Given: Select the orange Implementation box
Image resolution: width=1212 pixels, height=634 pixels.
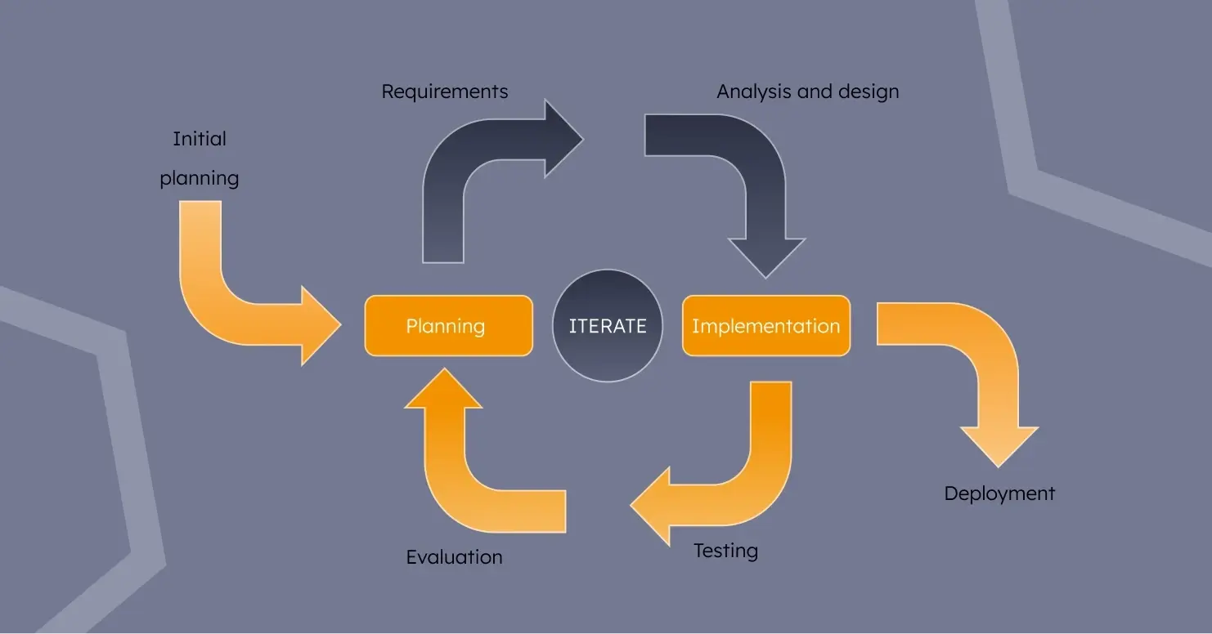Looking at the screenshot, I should [766, 326].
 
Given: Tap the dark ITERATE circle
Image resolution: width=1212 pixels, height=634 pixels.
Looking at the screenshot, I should [608, 326].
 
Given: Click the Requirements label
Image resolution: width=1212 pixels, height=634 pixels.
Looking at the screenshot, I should [445, 92].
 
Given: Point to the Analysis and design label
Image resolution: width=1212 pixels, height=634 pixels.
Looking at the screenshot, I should [807, 92].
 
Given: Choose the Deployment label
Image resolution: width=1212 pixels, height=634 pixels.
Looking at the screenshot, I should [999, 493].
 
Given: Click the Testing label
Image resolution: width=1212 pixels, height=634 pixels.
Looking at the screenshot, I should [725, 551].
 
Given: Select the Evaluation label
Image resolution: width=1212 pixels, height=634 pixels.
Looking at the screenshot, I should [454, 557].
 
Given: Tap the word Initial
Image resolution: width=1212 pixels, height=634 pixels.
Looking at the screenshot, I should [200, 139].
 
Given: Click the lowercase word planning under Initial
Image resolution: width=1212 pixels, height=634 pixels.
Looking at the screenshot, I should [200, 178].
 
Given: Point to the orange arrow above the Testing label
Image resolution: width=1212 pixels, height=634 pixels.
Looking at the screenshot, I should [736, 482].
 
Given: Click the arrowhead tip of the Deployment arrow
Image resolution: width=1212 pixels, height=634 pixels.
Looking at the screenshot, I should [999, 464].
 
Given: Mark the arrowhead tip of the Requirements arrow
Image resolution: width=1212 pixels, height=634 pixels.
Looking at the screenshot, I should [581, 139].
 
